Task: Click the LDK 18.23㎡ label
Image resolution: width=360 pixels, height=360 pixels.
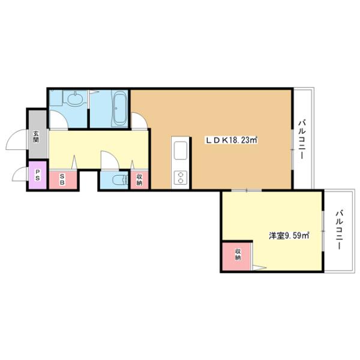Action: pos(232,140)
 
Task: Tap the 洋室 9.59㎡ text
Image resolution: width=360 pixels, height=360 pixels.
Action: pos(289,236)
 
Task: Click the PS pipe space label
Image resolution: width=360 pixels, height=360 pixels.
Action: pos(37,176)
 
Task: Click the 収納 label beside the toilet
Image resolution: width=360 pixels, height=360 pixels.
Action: pos(139,179)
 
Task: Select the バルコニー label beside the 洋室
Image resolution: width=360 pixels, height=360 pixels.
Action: pos(340,230)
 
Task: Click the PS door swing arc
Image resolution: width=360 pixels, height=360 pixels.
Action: pos(20,176)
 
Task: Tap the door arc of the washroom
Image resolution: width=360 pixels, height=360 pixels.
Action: pos(58,119)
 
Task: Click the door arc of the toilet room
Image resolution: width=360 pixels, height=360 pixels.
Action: pos(109,160)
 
